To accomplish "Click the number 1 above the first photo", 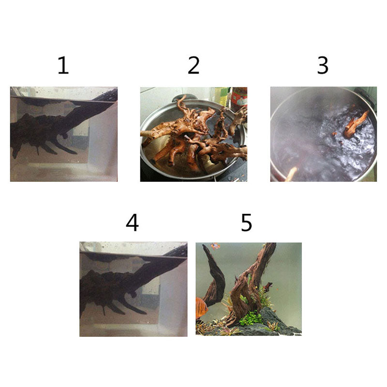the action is [63, 65].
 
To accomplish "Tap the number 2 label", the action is [193, 65].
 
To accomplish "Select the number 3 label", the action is [323, 65].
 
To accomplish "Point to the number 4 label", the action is [132, 223].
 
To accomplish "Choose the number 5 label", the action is [246, 223].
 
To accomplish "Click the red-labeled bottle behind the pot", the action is [239, 98].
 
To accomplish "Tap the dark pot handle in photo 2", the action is [181, 98].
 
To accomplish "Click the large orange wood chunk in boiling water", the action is [356, 124].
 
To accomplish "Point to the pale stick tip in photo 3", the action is [291, 174].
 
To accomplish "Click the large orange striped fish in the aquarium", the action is [201, 308].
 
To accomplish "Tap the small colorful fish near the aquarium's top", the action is [215, 246].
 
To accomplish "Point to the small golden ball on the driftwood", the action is [257, 287].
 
